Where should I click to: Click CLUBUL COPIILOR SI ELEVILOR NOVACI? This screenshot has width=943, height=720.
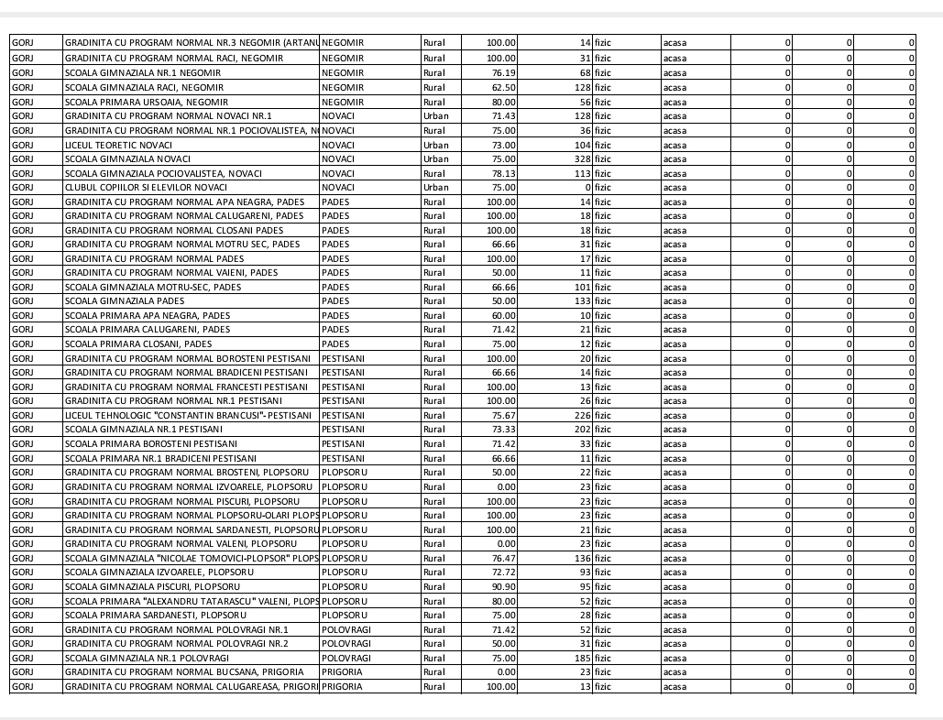coord(141,188)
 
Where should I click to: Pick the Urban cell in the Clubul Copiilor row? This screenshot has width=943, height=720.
coord(436,188)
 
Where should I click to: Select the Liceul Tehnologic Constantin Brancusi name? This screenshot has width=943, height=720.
coord(187,416)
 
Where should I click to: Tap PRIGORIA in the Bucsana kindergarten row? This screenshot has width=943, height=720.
coord(343,672)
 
